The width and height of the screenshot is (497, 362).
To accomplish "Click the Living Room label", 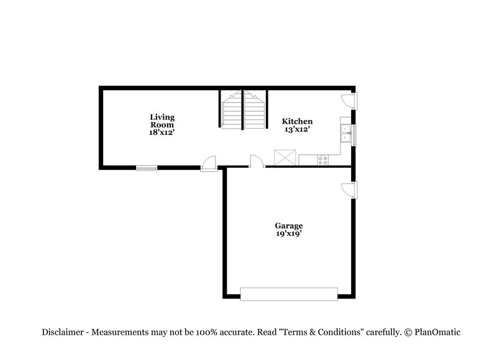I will pos(162,120).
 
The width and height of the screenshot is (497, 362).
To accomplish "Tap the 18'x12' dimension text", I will pos(162,132).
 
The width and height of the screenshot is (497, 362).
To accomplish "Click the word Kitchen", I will pos(297,121).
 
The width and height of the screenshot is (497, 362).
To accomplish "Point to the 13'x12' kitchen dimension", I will pos(296,129).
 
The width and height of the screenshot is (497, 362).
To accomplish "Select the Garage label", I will pos(289,226).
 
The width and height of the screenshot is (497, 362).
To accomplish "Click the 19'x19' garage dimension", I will pos(289,234).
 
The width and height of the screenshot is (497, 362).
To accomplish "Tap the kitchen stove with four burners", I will pos(323,160).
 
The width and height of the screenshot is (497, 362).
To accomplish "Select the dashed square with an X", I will pos(286,157).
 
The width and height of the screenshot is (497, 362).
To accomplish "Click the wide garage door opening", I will pos(289,294).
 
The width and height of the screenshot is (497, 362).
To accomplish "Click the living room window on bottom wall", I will pos(147,167).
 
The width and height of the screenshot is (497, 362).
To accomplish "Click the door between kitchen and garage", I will pos(256,162).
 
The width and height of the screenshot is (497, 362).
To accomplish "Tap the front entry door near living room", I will pos(209,163).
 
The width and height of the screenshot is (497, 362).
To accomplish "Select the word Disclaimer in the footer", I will pos(65,332).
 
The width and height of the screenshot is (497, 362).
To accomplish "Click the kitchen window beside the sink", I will pos(353,134).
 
